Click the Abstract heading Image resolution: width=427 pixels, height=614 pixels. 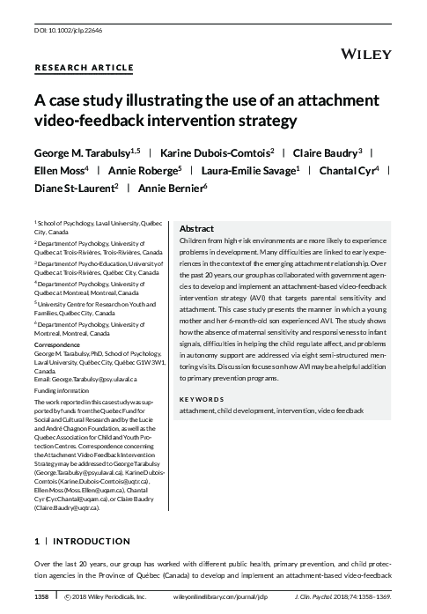pos(197,228)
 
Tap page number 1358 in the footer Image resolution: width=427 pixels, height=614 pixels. pos(41,597)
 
